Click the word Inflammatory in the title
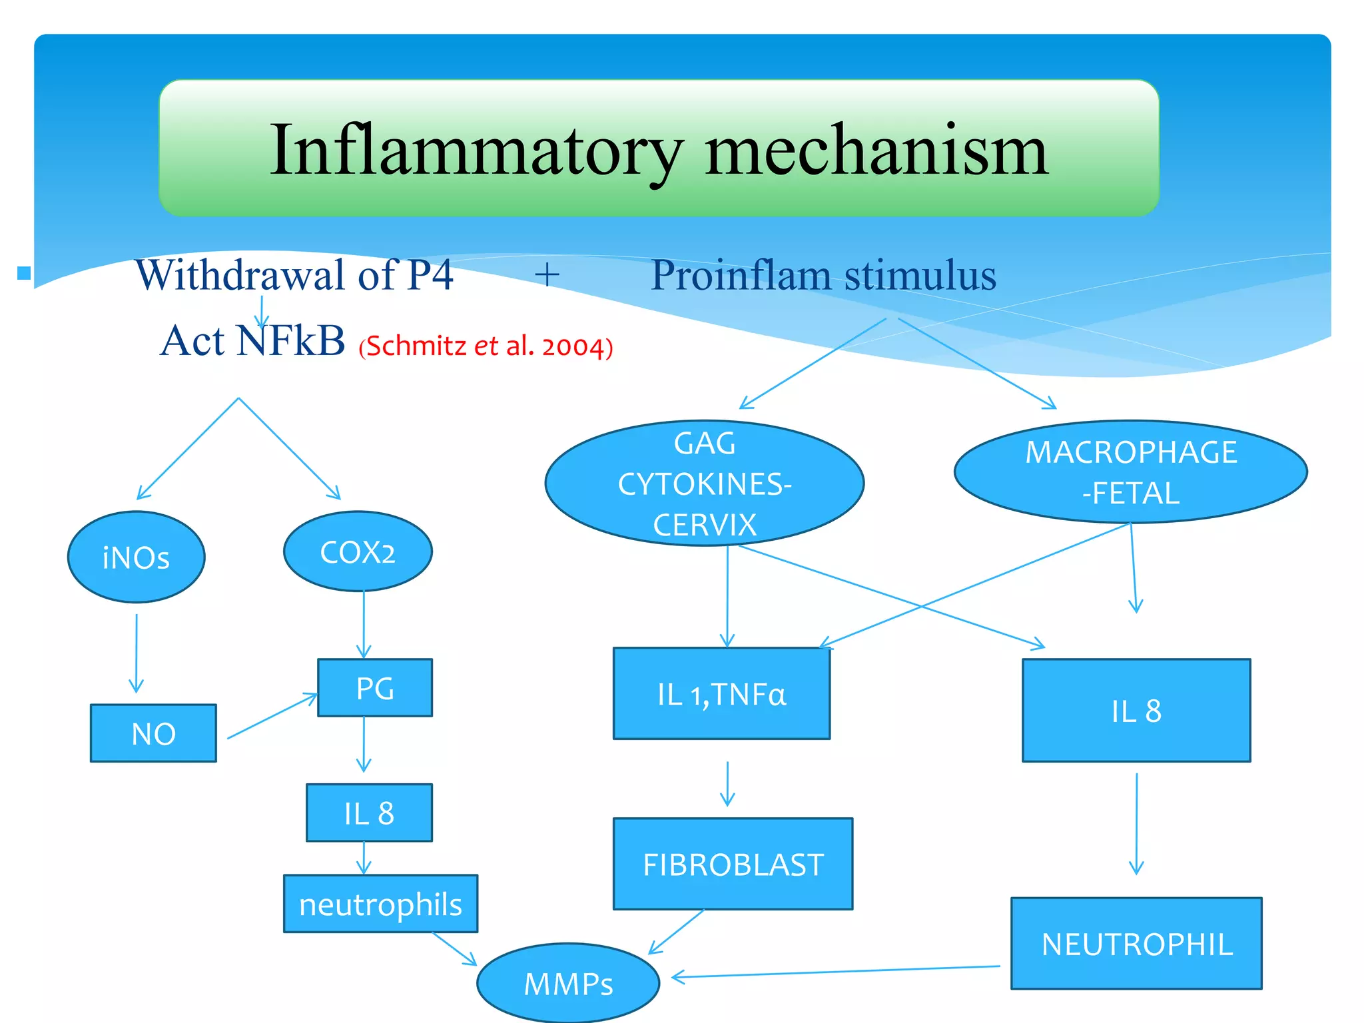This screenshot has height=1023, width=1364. (476, 151)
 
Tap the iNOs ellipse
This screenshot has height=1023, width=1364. (137, 557)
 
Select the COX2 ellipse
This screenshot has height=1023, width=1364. (358, 552)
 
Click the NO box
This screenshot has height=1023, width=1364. (153, 733)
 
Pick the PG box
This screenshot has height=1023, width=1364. (375, 688)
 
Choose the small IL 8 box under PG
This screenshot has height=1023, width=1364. (369, 813)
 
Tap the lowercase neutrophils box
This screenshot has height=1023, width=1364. (380, 904)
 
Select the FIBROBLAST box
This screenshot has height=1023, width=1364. (733, 864)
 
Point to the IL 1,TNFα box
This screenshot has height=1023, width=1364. (721, 694)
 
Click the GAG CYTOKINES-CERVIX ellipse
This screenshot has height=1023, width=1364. (704, 484)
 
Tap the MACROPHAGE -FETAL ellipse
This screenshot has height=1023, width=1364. (1130, 472)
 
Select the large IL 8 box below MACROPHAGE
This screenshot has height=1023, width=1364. (1136, 711)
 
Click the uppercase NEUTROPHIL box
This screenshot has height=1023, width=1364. (1136, 944)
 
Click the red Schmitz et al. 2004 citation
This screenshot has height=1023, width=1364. (486, 346)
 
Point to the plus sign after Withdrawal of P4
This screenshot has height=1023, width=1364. (547, 275)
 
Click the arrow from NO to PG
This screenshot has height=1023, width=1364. (272, 716)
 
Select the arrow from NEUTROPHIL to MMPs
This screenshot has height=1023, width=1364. (836, 972)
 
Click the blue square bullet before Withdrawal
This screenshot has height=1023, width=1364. (25, 272)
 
